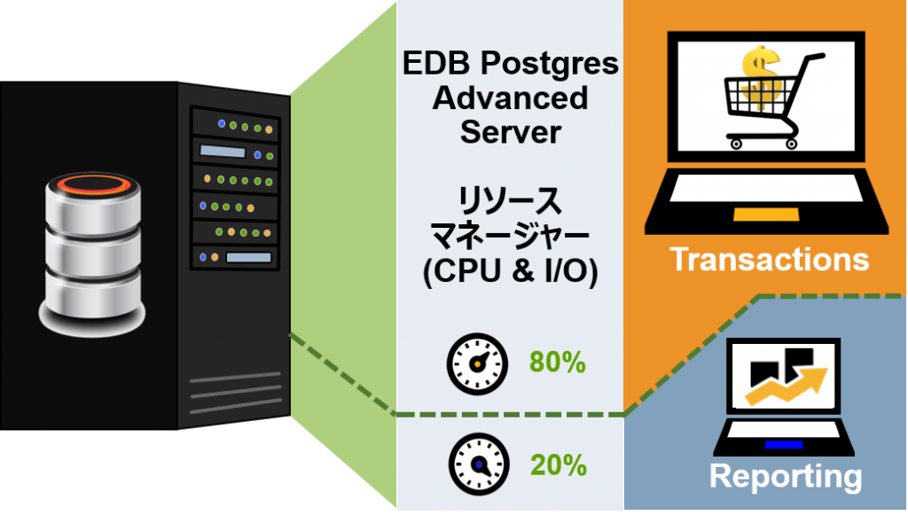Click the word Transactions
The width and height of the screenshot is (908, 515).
(x=769, y=259)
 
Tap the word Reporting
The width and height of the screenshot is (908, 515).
(x=785, y=476)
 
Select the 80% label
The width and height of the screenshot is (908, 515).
(x=558, y=362)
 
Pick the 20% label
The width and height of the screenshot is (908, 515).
(x=558, y=464)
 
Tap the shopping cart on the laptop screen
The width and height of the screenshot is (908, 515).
(x=769, y=98)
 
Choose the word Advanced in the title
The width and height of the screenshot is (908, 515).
(x=510, y=98)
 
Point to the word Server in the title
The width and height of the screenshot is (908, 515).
(x=510, y=131)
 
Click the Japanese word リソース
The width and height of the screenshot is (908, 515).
(x=510, y=201)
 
